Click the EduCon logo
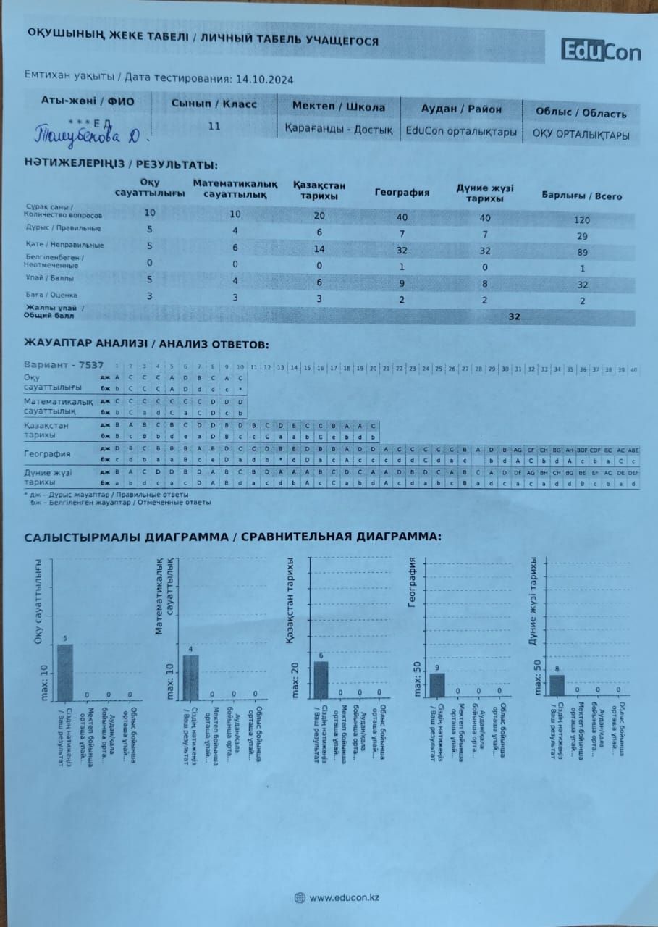click(601, 51)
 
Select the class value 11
click(214, 126)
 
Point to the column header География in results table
click(402, 193)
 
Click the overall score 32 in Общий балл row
click(514, 316)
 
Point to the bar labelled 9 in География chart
click(437, 685)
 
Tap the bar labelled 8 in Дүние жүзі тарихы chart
click(557, 686)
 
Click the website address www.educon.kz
click(345, 898)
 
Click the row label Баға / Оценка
click(50, 295)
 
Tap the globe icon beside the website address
click(300, 898)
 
